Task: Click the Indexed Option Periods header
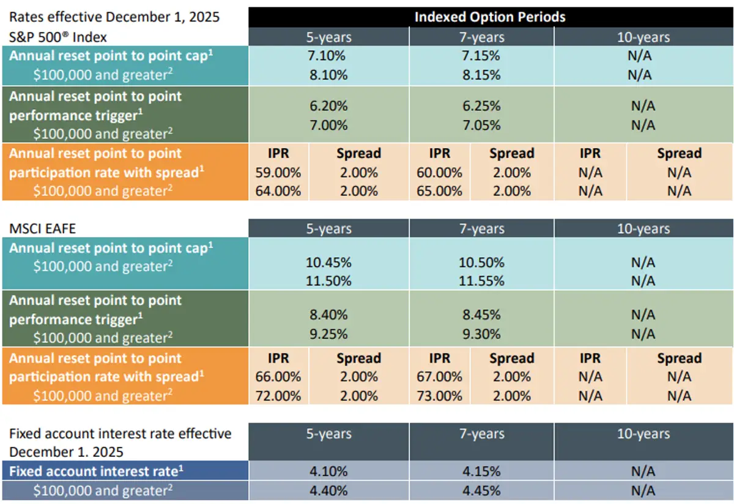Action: point(490,17)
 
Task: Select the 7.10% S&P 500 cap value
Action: point(328,56)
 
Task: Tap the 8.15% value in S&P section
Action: point(481,75)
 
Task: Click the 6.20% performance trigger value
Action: point(328,106)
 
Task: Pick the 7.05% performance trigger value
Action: point(481,125)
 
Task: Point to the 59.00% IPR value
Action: point(278,172)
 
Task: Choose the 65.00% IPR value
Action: point(439,190)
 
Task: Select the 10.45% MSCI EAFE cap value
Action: point(328,262)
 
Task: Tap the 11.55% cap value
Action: point(481,281)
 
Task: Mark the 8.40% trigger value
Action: point(328,315)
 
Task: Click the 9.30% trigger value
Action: point(481,334)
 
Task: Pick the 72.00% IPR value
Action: point(278,396)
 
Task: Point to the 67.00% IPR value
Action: point(439,377)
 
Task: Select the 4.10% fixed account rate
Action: point(328,472)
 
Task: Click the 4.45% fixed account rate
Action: point(481,491)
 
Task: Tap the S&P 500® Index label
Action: point(57,37)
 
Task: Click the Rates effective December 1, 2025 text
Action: point(114,17)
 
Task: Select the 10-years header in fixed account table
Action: point(643,434)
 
